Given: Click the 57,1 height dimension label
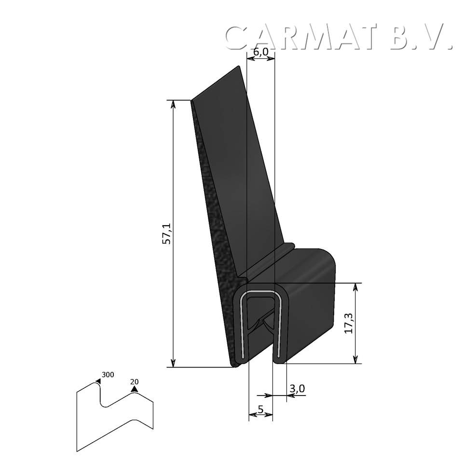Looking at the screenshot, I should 167,234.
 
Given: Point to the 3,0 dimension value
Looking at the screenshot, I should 298,389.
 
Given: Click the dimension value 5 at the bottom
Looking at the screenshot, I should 260,410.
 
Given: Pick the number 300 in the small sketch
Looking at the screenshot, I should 108,375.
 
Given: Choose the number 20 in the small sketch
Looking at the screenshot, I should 134,381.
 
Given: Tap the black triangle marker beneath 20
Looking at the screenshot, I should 134,389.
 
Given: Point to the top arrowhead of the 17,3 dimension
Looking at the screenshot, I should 356,287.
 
